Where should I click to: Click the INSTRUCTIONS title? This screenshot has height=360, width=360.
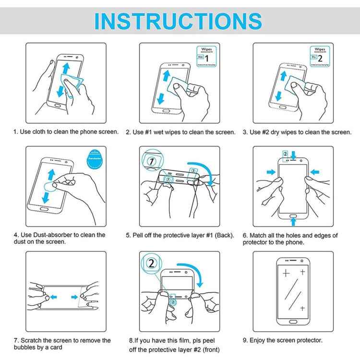tap(178, 21)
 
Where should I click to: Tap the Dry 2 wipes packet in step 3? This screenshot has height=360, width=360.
tap(317, 56)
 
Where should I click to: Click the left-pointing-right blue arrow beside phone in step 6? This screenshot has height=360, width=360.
tap(270, 172)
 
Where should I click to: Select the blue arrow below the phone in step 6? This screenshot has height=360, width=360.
tap(293, 221)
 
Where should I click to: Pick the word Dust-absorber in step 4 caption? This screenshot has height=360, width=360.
tap(53, 235)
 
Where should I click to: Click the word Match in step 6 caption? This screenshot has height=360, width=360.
tap(260, 235)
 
